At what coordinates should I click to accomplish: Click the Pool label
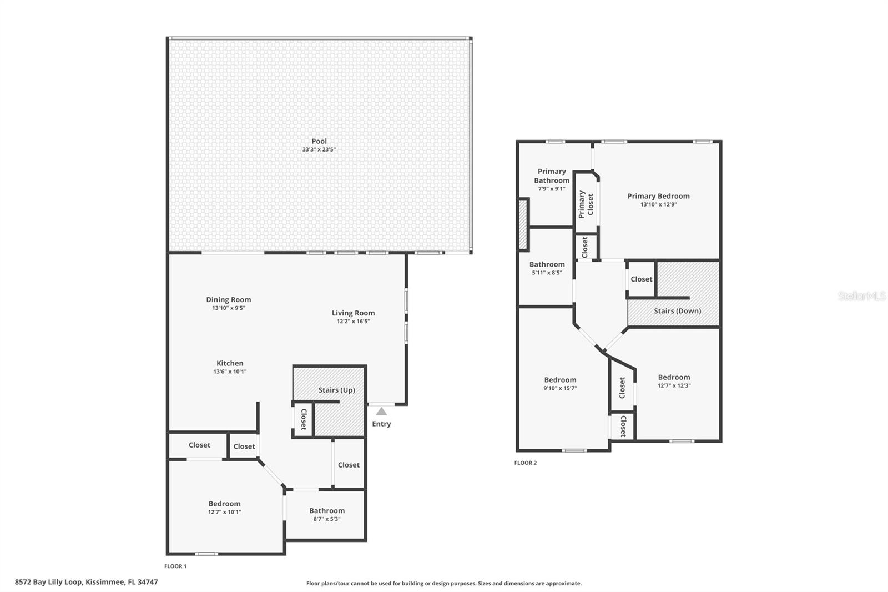(319, 141)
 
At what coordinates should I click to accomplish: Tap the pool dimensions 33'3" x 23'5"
(319, 149)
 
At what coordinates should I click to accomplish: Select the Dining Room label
(229, 299)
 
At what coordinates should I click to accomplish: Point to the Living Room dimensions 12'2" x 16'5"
(353, 321)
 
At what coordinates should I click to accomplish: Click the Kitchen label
(230, 363)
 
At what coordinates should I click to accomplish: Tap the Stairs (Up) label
(336, 390)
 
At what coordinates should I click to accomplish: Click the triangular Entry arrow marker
(381, 412)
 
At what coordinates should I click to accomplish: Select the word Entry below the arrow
(381, 424)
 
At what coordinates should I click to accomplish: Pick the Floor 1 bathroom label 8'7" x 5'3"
(327, 515)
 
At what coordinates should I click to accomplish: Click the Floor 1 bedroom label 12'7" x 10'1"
(225, 508)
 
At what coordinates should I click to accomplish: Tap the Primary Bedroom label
(658, 196)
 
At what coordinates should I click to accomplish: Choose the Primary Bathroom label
(552, 176)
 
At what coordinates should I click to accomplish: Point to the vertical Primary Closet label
(586, 204)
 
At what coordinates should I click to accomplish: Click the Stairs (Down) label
(677, 311)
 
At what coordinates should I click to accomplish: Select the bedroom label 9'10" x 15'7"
(560, 384)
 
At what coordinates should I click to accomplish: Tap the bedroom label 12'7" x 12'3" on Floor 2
(674, 381)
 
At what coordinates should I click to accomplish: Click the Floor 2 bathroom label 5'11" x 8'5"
(547, 268)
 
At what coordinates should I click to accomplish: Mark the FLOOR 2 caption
(525, 463)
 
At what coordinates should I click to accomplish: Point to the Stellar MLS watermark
(861, 296)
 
